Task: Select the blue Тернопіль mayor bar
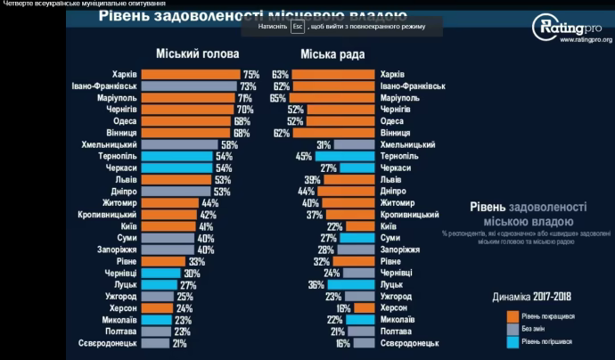[x=176, y=156]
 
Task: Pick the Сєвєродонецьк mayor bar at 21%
[x=154, y=343]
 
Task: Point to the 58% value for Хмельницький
[x=230, y=144]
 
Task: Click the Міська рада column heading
[x=332, y=55]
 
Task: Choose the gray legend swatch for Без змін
[x=512, y=328]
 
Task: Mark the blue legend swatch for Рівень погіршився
[x=512, y=341]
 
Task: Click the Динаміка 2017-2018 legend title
[x=532, y=297]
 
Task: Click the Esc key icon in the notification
[x=298, y=27]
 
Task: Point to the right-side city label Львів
[x=390, y=179]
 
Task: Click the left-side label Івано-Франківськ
[x=103, y=86]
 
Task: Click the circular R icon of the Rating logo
[x=545, y=27]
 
